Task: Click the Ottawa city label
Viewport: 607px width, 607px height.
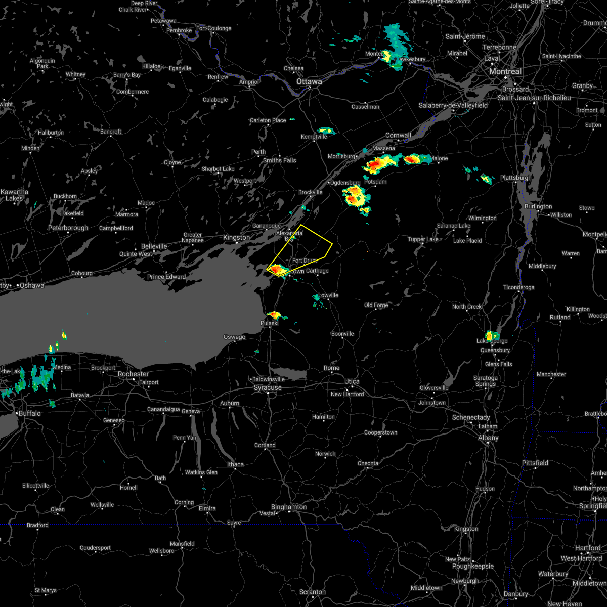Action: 309,81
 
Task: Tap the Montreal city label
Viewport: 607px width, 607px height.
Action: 505,72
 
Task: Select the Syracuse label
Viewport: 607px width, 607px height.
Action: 268,387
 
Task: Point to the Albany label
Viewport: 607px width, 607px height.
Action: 488,438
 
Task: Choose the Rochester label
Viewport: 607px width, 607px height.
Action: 133,374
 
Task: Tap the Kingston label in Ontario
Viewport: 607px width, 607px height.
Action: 237,237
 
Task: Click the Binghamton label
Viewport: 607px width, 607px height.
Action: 288,507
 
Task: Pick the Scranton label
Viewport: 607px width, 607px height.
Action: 312,592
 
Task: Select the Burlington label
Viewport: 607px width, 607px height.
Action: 538,206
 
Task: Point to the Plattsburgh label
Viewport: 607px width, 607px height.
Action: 515,178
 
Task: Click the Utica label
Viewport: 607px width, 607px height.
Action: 352,381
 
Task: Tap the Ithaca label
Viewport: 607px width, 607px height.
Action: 235,464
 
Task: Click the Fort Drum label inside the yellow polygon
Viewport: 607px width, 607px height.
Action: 305,261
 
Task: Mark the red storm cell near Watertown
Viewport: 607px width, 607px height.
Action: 277,270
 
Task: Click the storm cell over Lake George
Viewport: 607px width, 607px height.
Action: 490,335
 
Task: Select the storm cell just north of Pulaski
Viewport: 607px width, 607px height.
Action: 274,315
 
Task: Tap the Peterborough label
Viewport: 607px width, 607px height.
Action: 68,228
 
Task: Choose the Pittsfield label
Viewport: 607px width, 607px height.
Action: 535,463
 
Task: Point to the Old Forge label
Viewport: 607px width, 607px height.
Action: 376,305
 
